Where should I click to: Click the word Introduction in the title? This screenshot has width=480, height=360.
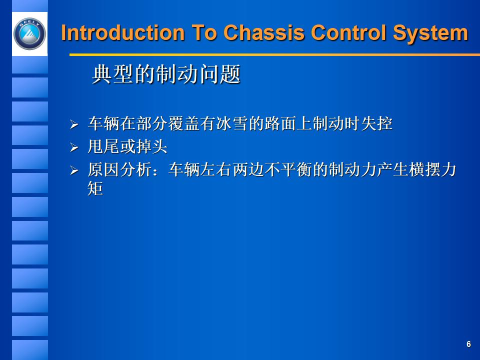coord(122,33)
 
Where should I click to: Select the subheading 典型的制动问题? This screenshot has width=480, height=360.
coord(166,75)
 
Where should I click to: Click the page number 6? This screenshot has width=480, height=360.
coord(468,344)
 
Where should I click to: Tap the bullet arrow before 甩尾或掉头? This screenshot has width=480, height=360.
coord(74,147)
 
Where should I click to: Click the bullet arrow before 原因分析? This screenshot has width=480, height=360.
coord(74,171)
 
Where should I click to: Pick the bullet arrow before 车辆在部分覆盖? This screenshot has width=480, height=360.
coord(74,124)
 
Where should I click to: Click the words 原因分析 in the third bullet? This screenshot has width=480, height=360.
coord(119,170)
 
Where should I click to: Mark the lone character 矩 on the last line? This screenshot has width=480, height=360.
coord(95,189)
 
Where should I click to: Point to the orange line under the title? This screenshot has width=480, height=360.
coord(274,54)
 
